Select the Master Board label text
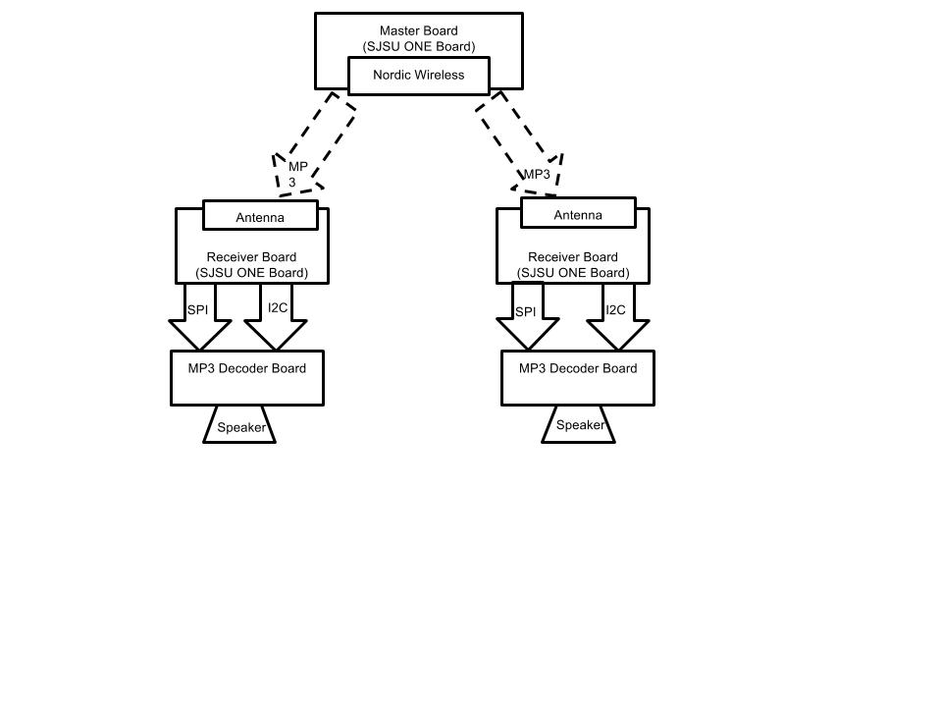(x=419, y=30)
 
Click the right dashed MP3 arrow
(x=520, y=144)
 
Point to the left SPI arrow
(x=200, y=316)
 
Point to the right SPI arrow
(x=528, y=315)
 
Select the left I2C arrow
(x=276, y=316)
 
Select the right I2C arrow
(x=618, y=316)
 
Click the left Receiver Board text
(x=251, y=256)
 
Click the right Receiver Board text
(x=572, y=256)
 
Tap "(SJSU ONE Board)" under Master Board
(x=419, y=47)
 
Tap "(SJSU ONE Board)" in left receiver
(x=252, y=273)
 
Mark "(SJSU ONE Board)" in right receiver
(x=573, y=273)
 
